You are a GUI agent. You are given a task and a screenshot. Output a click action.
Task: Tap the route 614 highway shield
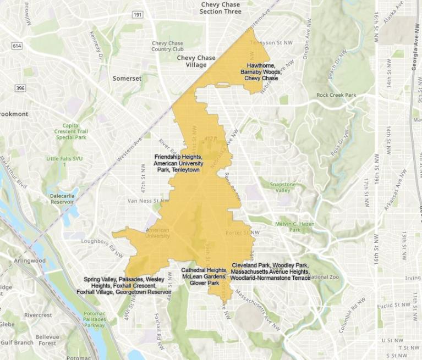point(17,46)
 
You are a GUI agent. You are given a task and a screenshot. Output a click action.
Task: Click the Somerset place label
point(127,79)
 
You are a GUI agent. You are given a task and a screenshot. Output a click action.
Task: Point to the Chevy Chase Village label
point(196,61)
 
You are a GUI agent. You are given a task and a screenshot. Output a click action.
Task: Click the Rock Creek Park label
point(336,95)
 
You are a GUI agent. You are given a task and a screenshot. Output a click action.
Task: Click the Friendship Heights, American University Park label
point(179,163)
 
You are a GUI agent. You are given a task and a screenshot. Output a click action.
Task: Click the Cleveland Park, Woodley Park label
point(270,272)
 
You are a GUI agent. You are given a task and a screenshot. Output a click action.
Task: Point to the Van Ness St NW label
point(144,201)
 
